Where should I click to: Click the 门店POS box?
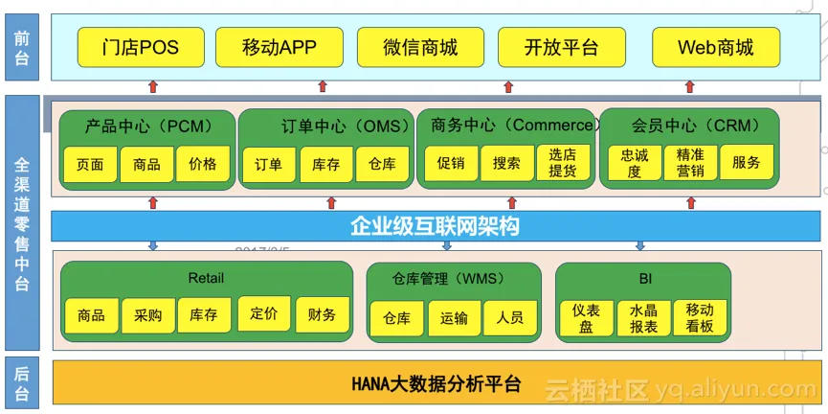click(140, 47)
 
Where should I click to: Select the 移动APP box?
click(280, 47)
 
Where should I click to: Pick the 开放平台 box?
click(561, 47)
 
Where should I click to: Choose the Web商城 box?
click(715, 47)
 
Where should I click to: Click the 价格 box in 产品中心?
click(203, 164)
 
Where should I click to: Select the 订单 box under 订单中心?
click(269, 164)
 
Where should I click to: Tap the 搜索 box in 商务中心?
click(506, 164)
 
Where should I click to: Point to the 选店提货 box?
click(563, 164)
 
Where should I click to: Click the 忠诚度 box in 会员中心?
click(634, 164)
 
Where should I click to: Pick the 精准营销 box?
click(690, 164)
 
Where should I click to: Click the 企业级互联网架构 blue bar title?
click(435, 226)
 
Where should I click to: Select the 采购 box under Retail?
click(148, 315)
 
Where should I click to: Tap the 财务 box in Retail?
click(322, 314)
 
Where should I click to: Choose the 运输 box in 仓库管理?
click(455, 318)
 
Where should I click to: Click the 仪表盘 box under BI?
click(586, 318)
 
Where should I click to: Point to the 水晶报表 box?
click(643, 318)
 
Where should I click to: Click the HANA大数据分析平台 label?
click(436, 384)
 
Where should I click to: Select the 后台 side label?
click(22, 382)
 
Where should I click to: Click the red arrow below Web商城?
click(690, 86)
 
